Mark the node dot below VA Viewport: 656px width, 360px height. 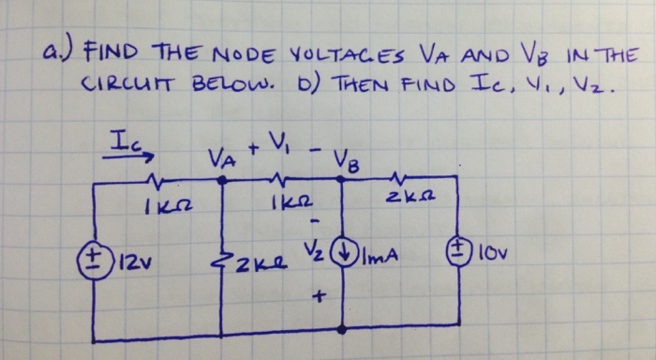point(221,184)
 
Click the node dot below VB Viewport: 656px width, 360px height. point(340,184)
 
